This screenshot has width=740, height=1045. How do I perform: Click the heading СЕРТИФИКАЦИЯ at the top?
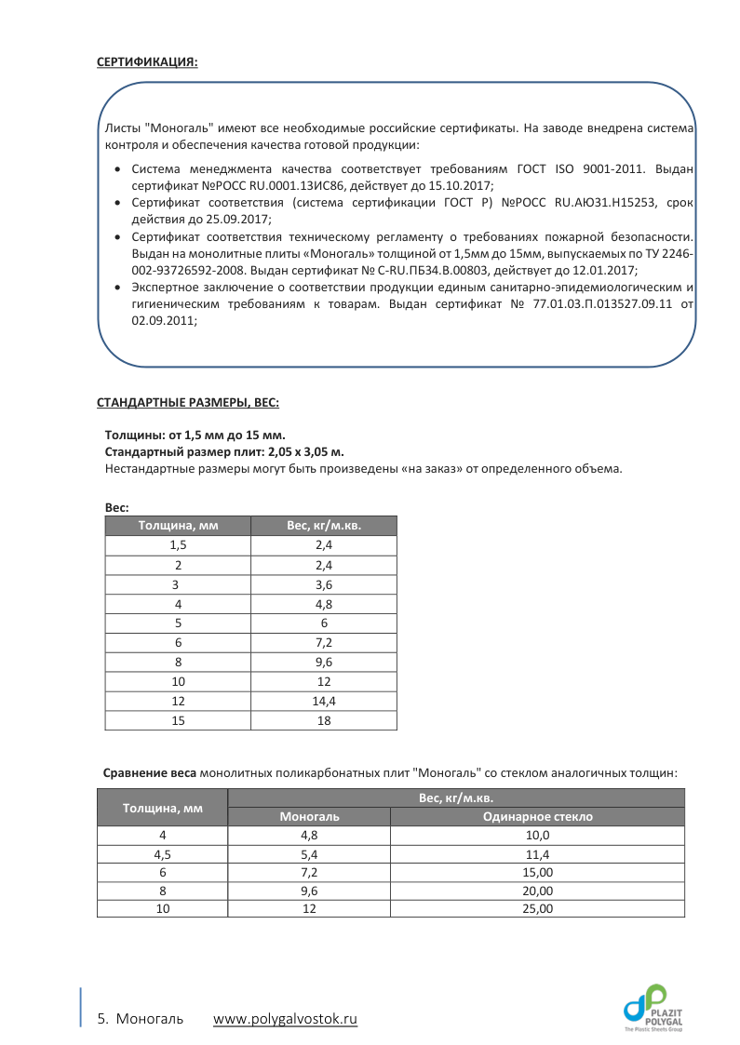(147, 62)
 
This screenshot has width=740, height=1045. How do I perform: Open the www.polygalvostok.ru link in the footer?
(285, 1019)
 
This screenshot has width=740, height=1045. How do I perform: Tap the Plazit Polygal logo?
(653, 1008)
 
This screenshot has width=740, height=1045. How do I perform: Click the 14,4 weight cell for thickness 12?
(324, 700)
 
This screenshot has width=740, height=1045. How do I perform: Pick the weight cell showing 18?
(324, 720)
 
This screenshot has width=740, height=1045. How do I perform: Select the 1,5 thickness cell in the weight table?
(178, 545)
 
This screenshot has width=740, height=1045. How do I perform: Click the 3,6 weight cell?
(324, 584)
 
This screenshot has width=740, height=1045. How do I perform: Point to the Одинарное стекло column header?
(537, 817)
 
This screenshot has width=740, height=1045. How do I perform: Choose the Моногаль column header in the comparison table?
(309, 817)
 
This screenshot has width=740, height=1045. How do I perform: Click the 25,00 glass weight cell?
(537, 908)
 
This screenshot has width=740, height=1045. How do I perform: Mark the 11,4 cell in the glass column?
(537, 854)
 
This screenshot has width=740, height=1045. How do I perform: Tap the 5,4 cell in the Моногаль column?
(309, 854)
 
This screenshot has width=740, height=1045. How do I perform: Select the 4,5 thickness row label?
(162, 854)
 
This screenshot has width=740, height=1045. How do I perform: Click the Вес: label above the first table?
(116, 507)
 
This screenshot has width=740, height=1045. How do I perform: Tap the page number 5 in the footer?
(101, 1019)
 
